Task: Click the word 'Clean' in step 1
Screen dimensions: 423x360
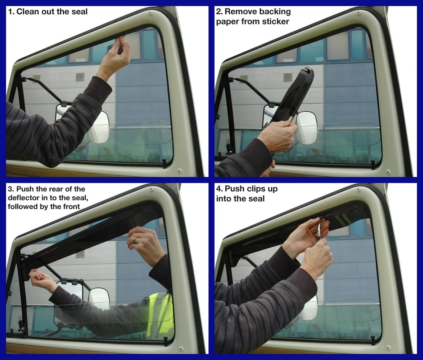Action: (x=27, y=12)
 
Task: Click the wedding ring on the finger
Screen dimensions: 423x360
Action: (x=135, y=239)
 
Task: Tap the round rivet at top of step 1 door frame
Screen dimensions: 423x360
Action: (x=150, y=13)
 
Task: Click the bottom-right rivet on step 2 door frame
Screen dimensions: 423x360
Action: (x=388, y=172)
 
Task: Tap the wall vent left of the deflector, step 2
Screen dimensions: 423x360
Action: (x=288, y=77)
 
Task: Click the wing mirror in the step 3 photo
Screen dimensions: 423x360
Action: (x=99, y=298)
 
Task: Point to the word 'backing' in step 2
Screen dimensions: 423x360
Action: (x=275, y=12)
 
